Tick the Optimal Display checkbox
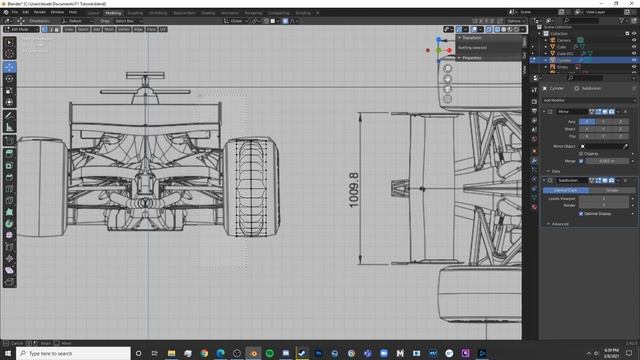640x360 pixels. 581,213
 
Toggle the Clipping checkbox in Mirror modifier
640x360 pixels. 581,153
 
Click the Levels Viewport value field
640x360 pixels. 603,198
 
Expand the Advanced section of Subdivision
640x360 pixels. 559,224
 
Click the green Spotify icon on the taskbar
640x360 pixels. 253,353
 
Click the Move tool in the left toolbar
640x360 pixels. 9,66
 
